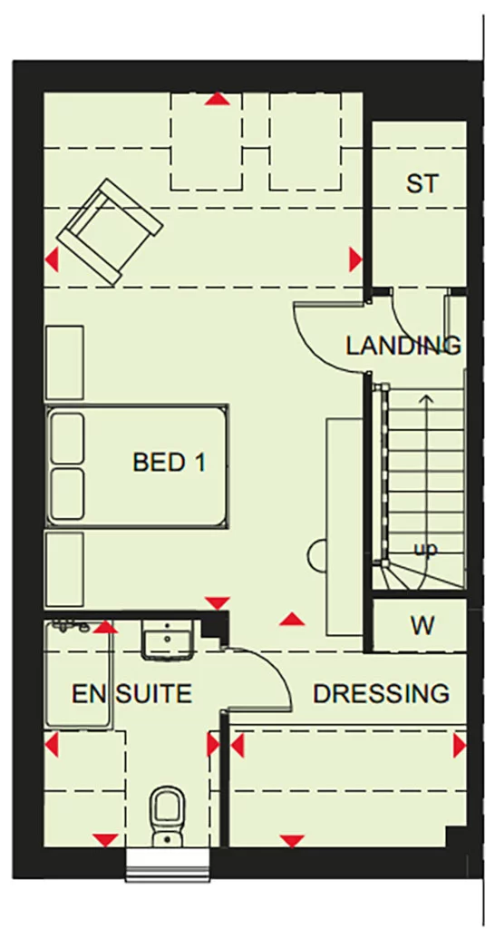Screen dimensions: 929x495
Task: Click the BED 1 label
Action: point(170,462)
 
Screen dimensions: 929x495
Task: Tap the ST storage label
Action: point(422,184)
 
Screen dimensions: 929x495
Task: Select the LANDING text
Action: point(403,346)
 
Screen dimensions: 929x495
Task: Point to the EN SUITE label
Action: point(132,695)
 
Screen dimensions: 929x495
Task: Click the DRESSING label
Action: point(381,694)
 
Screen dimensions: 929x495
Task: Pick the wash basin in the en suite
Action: point(170,640)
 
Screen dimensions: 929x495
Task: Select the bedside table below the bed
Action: point(64,569)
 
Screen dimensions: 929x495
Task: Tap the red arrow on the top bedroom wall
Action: point(216,99)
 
